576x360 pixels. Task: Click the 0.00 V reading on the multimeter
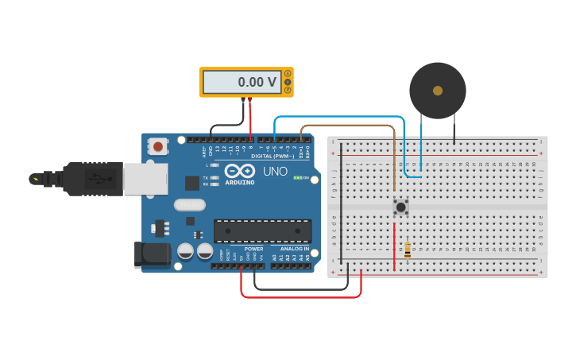(257, 82)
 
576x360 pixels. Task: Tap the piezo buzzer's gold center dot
(437, 91)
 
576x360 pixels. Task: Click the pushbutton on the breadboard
(401, 207)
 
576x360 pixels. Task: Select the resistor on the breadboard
(408, 250)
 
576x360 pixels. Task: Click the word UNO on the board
(275, 171)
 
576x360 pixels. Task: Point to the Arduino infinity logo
(240, 171)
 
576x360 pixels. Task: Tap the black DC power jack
(153, 254)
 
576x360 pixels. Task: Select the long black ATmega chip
(262, 230)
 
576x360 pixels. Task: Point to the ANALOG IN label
(291, 249)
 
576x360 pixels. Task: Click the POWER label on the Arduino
(253, 249)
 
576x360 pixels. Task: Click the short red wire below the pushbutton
(394, 246)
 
